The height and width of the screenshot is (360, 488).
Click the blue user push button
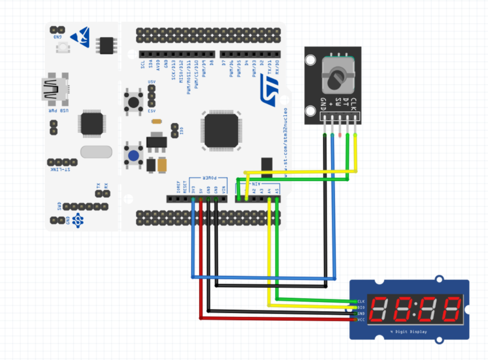click(134, 156)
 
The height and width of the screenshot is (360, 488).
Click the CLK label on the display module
click(360, 301)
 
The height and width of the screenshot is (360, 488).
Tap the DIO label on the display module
click(360, 308)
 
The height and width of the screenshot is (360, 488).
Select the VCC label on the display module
click(360, 320)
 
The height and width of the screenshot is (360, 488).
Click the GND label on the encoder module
click(323, 104)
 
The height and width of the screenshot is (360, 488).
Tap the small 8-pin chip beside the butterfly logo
click(105, 44)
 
